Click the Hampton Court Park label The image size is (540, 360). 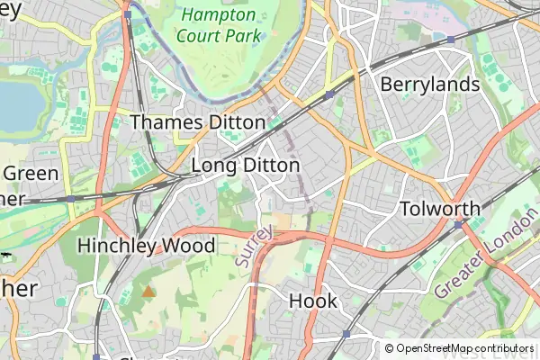(x=220, y=25)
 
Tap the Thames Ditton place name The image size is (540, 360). (x=198, y=121)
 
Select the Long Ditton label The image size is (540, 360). (x=246, y=166)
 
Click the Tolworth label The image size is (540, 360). (x=439, y=208)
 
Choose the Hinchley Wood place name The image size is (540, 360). (x=146, y=245)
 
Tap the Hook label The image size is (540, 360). (x=312, y=301)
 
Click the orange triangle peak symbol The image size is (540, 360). (x=148, y=292)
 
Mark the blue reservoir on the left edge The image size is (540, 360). (x=16, y=103)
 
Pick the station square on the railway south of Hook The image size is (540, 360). (x=346, y=334)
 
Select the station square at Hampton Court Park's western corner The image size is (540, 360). (x=128, y=14)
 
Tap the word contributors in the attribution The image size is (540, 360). (x=505, y=348)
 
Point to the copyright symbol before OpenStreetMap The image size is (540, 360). (x=390, y=348)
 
